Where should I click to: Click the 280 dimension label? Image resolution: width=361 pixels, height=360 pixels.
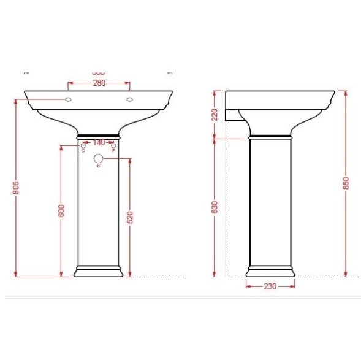coord(99,83)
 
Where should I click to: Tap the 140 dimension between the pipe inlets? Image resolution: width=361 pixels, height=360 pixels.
coord(98,142)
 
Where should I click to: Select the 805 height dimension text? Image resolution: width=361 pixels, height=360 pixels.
coord(17,188)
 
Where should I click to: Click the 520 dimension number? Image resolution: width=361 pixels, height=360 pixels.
coord(130,216)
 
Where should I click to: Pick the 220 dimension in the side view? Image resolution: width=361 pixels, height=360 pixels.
coord(215,115)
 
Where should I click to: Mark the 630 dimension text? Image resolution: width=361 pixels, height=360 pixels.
coord(215,209)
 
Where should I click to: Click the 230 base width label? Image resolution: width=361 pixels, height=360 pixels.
coord(270,286)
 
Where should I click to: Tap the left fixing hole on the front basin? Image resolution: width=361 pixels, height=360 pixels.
coord(69,99)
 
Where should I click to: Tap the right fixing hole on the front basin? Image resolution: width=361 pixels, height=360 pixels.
coord(129,99)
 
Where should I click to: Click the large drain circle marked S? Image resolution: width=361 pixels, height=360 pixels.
coord(98,159)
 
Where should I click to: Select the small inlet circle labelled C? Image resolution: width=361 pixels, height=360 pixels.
coord(84,147)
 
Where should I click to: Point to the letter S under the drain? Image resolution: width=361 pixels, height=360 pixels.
coord(98,168)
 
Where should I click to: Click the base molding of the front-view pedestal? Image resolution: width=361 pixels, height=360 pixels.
coord(99,270)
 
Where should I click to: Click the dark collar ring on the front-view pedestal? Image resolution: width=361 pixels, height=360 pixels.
coord(98,135)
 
